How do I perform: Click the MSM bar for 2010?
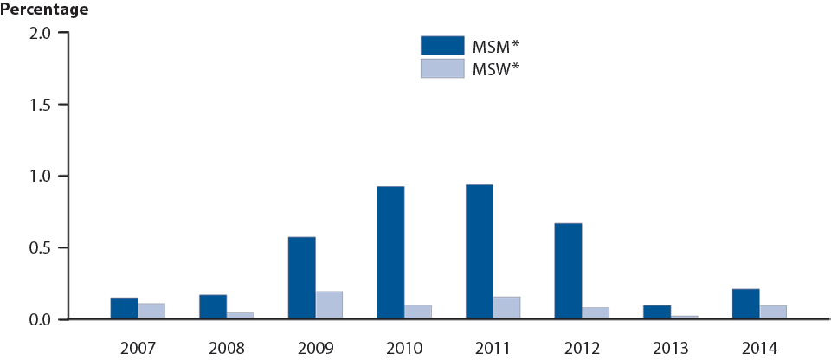click(x=390, y=253)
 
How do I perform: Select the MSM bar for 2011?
click(x=479, y=252)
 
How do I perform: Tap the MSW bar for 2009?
click(x=329, y=305)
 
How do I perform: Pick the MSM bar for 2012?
click(x=568, y=272)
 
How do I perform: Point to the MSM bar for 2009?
click(x=301, y=278)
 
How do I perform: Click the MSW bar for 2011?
click(x=506, y=308)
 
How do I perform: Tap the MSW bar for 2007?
click(x=151, y=312)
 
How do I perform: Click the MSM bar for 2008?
click(x=213, y=307)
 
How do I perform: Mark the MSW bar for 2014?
click(x=773, y=312)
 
